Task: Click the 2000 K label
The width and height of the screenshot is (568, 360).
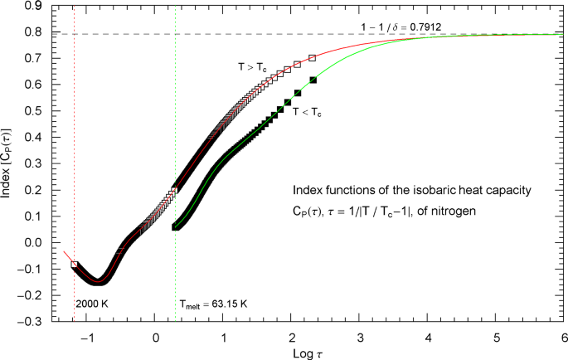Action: coord(91,304)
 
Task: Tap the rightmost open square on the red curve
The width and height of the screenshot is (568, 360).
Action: coord(313,58)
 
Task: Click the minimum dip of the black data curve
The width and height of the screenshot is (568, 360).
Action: coord(99,280)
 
